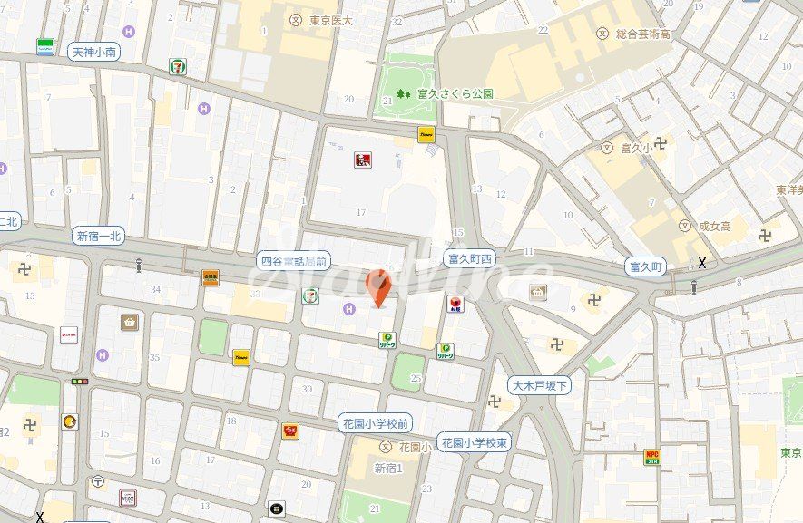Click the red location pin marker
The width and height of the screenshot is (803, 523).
[378, 288]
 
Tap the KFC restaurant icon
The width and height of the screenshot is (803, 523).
[362, 160]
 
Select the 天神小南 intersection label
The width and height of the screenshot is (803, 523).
[94, 53]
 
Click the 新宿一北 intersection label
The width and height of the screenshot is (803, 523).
[99, 237]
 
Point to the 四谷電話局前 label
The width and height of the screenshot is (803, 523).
[293, 260]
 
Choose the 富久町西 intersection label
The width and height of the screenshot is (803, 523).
[470, 259]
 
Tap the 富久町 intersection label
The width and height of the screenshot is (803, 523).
[647, 266]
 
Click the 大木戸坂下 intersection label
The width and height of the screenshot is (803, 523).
[539, 385]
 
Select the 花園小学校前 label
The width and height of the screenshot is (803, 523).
[376, 422]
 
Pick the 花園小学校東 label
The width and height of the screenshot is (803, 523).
[475, 441]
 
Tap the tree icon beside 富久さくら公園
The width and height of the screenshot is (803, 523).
[402, 93]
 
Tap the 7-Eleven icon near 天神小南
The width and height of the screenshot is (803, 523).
[178, 66]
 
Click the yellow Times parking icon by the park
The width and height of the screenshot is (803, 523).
[426, 134]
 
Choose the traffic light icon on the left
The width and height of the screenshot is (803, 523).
[80, 382]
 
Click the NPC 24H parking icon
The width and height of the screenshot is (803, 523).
[651, 456]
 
